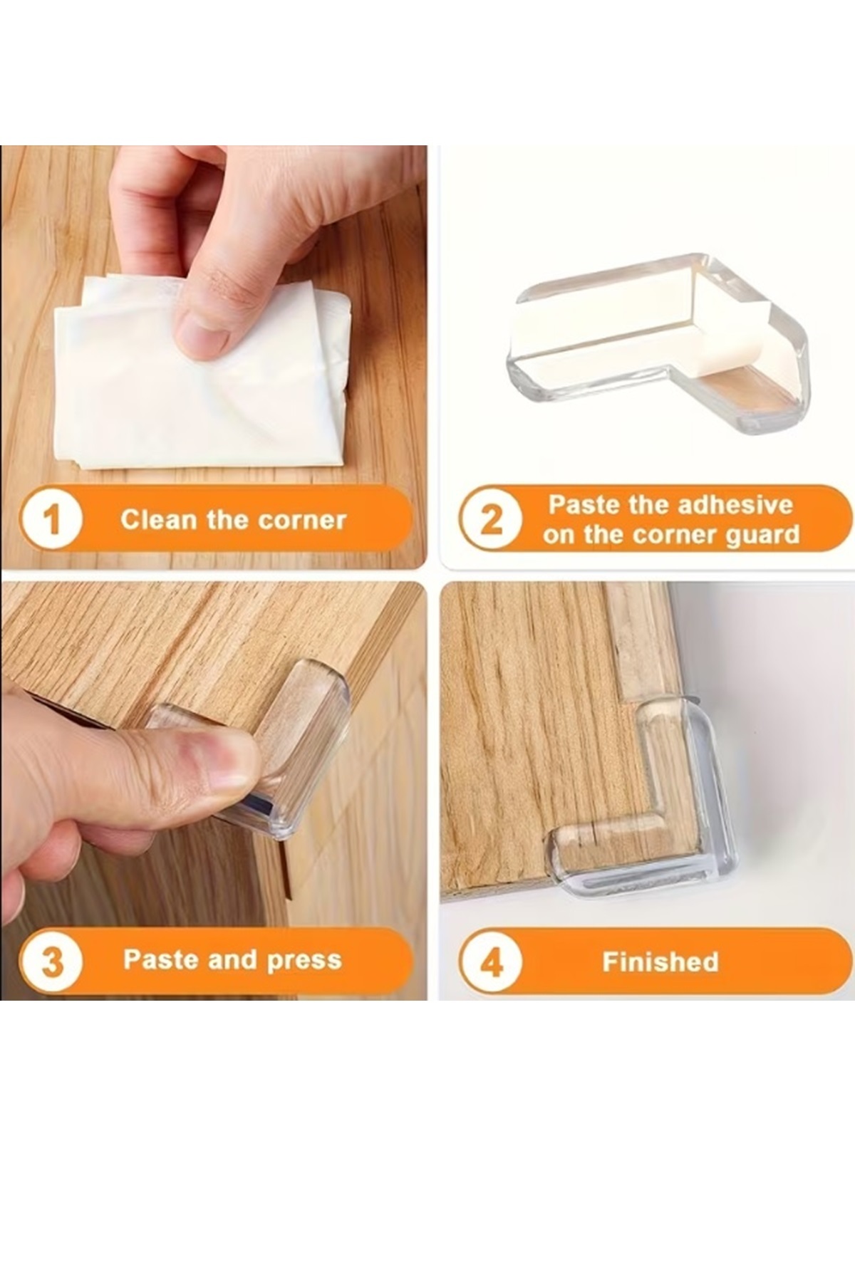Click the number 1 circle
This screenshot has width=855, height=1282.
[52, 519]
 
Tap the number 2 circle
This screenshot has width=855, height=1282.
[491, 519]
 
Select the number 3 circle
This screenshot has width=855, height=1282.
[52, 961]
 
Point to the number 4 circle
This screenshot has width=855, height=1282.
[491, 962]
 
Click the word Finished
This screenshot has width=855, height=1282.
[660, 962]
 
